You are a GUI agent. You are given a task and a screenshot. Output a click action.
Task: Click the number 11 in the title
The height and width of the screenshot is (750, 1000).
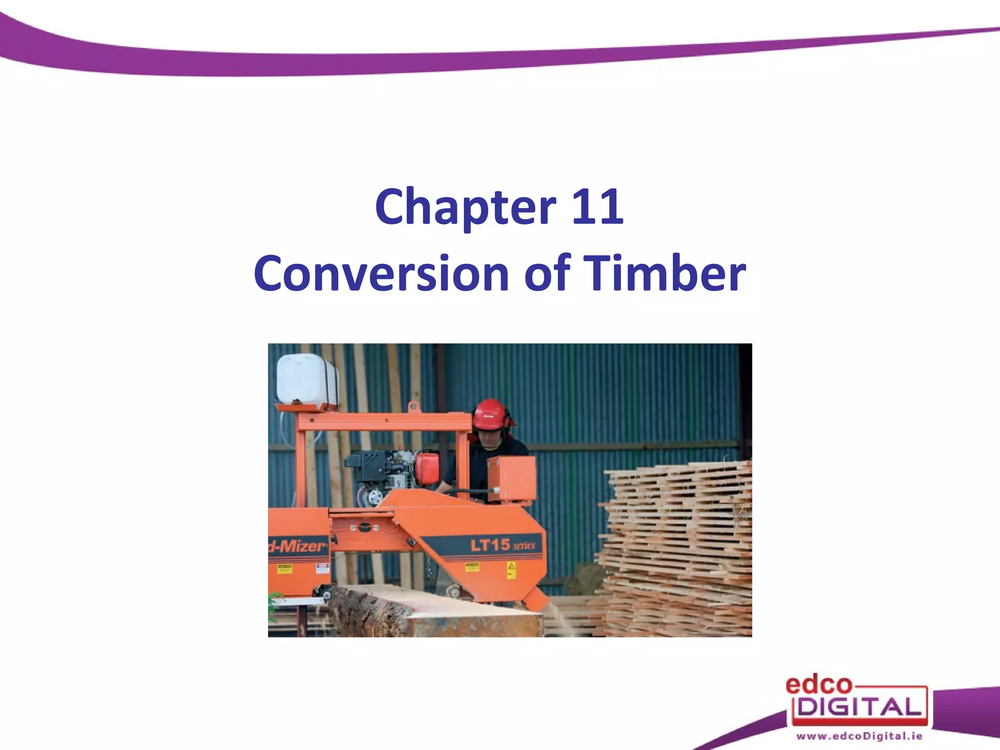point(597,207)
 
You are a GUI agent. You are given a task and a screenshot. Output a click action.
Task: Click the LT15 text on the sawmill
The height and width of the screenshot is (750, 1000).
point(490,544)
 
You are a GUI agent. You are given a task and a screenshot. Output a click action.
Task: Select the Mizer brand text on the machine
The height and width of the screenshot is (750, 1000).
point(299,545)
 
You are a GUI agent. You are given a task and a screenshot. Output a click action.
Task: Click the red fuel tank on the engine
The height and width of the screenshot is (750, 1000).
point(427,469)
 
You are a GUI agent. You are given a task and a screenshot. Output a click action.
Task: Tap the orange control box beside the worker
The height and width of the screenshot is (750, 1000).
point(511,479)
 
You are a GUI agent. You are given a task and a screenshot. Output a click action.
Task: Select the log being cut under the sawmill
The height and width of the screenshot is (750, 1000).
point(430,613)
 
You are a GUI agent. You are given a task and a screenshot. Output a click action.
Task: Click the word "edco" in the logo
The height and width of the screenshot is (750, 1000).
point(818,685)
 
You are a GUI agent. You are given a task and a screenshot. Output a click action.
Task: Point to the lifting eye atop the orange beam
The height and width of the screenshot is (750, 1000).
point(414,406)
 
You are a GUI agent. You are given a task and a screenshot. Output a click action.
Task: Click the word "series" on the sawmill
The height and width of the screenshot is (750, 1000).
point(524,545)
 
